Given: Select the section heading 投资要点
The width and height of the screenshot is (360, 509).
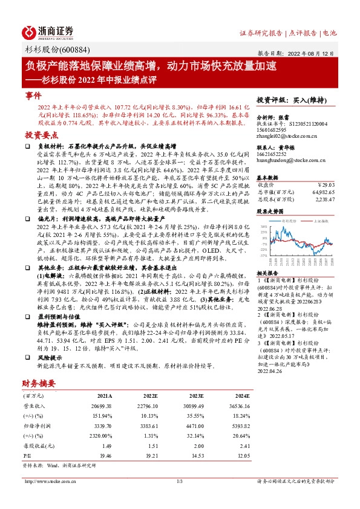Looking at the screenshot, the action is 38,135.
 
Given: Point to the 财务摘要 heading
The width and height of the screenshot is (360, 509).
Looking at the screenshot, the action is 39,382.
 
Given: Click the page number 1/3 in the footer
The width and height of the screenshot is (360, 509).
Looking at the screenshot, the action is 179,481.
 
